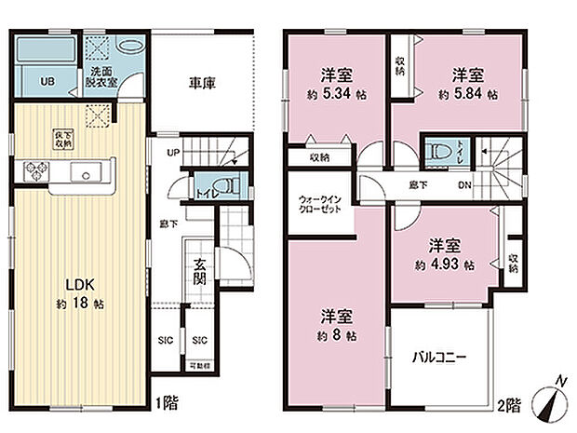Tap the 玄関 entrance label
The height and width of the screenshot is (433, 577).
click(x=200, y=277)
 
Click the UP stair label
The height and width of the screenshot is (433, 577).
click(x=172, y=153)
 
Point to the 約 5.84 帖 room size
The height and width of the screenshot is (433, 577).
click(x=467, y=95)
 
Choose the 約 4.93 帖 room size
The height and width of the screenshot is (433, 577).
click(x=445, y=264)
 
